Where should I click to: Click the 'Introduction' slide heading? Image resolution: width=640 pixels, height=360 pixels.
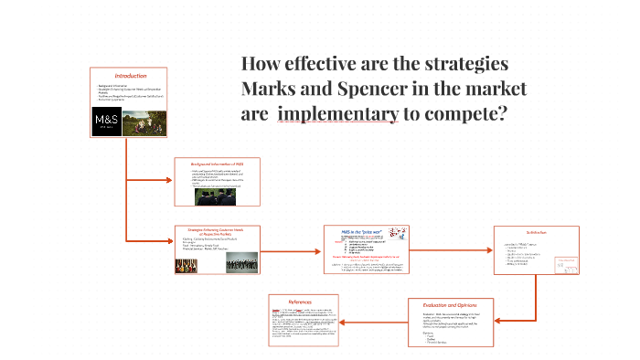(129, 75)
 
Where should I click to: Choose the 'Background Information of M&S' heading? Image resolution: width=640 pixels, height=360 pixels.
(217, 162)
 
